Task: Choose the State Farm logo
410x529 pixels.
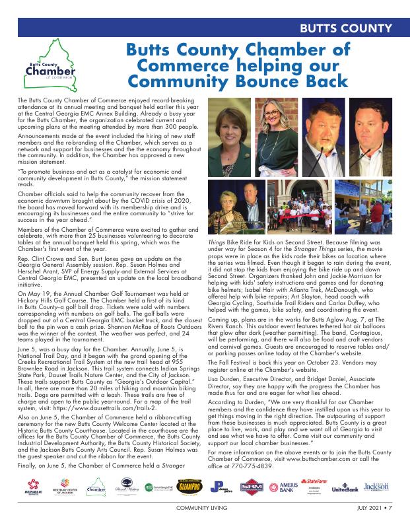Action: coord(317,484)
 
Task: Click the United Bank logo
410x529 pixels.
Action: coord(345,489)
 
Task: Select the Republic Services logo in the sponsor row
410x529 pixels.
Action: coord(32,489)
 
